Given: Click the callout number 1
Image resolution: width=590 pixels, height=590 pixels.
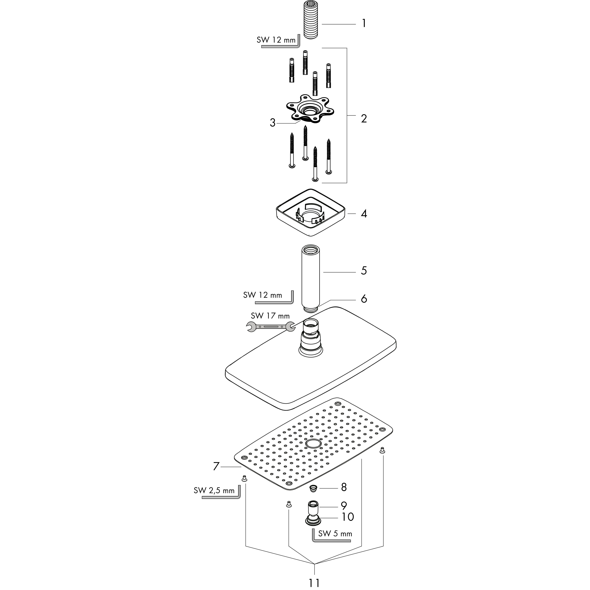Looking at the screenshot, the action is tap(364, 23).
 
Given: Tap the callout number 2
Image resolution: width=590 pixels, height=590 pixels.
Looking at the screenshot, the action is tap(364, 119).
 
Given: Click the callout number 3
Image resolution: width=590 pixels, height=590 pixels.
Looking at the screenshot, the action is tap(273, 123).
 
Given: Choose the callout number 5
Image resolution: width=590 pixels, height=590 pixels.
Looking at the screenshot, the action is tap(364, 271).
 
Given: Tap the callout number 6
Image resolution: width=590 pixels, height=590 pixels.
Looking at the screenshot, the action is tap(364, 299).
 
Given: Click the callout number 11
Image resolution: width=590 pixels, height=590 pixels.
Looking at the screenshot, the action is tap(314, 583).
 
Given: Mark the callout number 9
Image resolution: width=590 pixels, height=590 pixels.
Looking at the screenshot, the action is tap(344, 506).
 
